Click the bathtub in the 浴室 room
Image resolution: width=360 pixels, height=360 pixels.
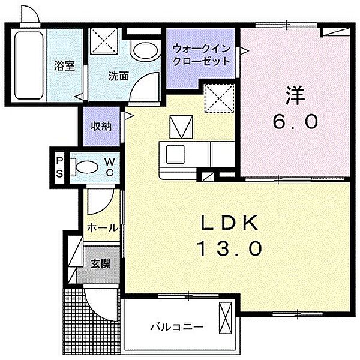coord(29,65)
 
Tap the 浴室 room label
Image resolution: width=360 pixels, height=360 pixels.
coord(65,65)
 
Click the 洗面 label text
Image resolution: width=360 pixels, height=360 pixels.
coord(118,76)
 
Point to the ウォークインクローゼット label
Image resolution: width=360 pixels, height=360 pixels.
coord(201,55)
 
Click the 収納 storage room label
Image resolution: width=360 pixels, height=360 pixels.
coord(101,126)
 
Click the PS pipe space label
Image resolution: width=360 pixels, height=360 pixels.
coord(59,167)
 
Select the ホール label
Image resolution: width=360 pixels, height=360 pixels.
coord(103,228)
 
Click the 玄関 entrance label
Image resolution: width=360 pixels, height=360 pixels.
coord(101,263)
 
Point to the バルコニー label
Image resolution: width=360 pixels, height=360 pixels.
coord(177,326)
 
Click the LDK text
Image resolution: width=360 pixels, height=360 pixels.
coord(229,223)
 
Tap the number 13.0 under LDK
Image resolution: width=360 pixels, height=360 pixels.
coord(229,248)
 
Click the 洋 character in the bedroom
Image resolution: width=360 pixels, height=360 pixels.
coord(295,96)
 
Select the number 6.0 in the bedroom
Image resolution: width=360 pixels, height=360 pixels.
coord(295,121)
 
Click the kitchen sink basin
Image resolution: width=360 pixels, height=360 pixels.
coord(175,155)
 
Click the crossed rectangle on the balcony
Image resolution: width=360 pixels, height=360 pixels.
coord(225,318)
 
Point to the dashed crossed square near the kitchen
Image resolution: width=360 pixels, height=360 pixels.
coord(219,99)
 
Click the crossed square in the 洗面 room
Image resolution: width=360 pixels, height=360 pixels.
coord(104,41)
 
